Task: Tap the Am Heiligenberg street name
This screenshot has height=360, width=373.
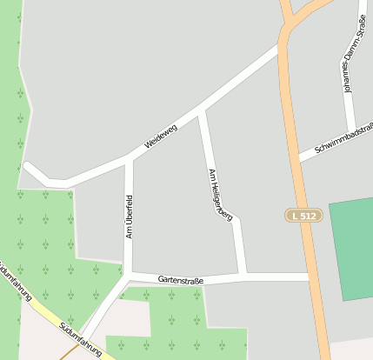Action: [x=220, y=194]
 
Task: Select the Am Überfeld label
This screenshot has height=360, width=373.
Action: [x=130, y=217]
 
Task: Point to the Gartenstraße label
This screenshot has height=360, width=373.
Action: [x=181, y=280]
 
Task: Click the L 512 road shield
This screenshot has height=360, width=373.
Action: [x=304, y=215]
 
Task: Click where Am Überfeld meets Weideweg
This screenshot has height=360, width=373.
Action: [x=129, y=157]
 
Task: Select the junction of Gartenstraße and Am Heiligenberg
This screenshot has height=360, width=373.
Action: [x=243, y=277]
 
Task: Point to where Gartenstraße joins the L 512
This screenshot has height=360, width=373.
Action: [x=309, y=277]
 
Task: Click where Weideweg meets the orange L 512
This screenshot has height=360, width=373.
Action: [x=281, y=45]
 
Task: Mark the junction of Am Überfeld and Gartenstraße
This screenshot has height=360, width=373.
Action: [x=129, y=276]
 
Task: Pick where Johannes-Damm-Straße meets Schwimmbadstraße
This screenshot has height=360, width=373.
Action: [x=350, y=132]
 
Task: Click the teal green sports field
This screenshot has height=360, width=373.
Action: [x=352, y=248]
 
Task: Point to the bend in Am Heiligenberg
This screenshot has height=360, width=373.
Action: [x=236, y=220]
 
